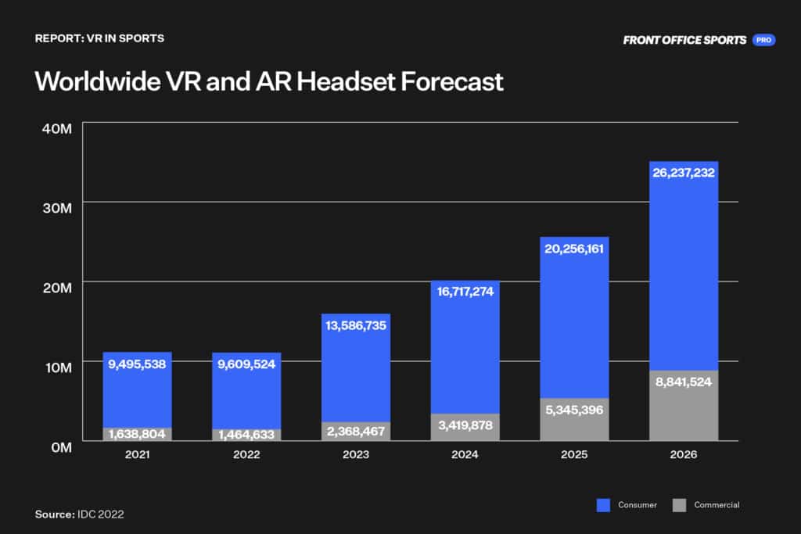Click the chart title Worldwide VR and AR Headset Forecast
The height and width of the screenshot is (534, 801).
[x=269, y=82]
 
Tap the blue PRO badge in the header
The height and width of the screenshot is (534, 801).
[x=763, y=40]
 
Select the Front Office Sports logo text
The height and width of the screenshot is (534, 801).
[x=684, y=40]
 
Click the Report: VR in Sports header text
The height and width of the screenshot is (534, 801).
[x=99, y=38]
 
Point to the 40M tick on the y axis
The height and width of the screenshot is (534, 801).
[x=56, y=127]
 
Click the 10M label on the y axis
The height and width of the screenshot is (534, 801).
[x=56, y=367]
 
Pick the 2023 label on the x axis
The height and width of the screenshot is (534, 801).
[x=355, y=454]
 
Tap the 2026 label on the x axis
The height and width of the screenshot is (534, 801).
[x=684, y=454]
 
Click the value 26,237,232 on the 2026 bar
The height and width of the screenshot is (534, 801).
[x=684, y=173]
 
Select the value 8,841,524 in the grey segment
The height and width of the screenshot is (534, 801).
[x=684, y=382]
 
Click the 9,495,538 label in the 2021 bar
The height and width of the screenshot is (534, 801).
[x=137, y=364]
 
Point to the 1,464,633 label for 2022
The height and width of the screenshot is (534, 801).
[x=246, y=435]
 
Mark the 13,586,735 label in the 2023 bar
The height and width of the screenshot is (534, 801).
[x=355, y=325]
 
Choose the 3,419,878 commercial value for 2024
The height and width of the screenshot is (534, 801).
[x=465, y=426]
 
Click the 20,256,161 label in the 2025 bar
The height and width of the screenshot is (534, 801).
[x=574, y=249]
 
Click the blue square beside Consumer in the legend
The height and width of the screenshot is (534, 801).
[x=603, y=505]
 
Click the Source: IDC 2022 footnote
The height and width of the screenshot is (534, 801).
[x=79, y=514]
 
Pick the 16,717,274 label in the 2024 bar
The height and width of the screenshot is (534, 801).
[x=465, y=292]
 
